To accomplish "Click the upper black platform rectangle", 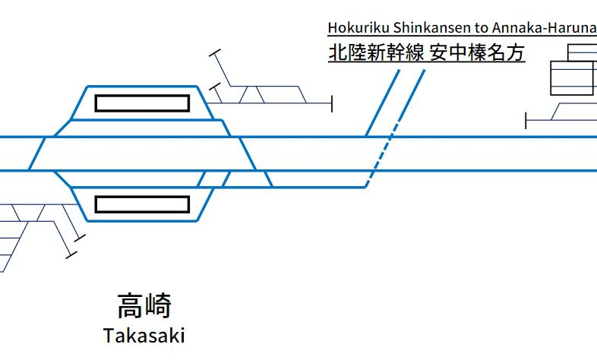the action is [141, 103].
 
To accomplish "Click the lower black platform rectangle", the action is [141, 204].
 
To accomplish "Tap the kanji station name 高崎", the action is [144, 306].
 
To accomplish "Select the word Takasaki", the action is [144, 335].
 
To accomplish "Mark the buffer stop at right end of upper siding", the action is [332, 103].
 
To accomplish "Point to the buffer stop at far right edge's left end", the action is [526, 120].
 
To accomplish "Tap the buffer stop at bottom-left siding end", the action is [72, 253].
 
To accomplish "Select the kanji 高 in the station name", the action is [130, 306].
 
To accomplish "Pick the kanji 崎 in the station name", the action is [159, 306].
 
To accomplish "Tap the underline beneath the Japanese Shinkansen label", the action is [426, 62].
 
